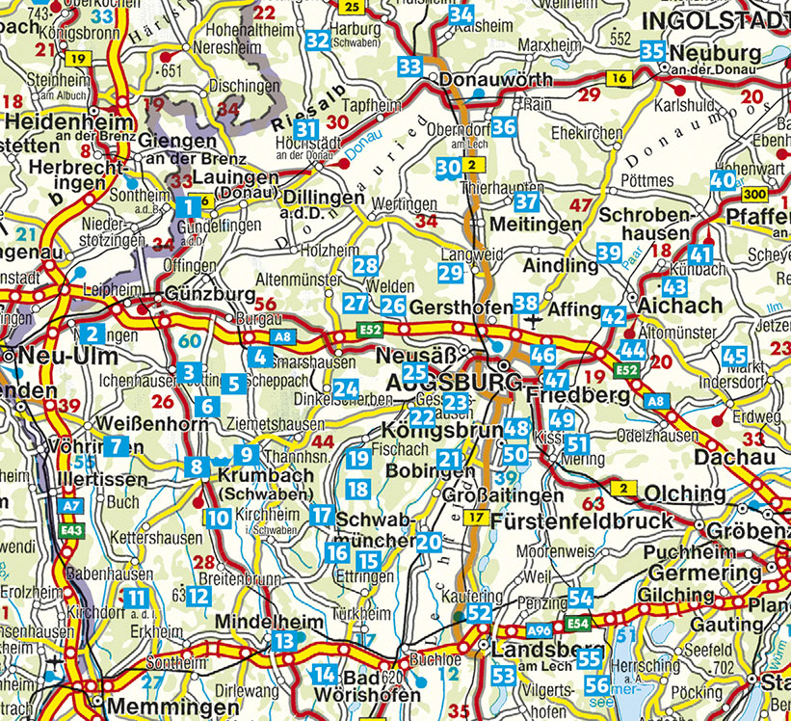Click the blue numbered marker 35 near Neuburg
[x=652, y=51]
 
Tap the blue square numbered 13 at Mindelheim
[x=283, y=642]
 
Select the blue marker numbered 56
[x=597, y=686]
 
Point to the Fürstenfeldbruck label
[x=582, y=521]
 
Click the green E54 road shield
[x=578, y=624]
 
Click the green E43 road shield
[x=68, y=528]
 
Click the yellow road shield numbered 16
[x=620, y=77]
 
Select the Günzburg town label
[x=210, y=294]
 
